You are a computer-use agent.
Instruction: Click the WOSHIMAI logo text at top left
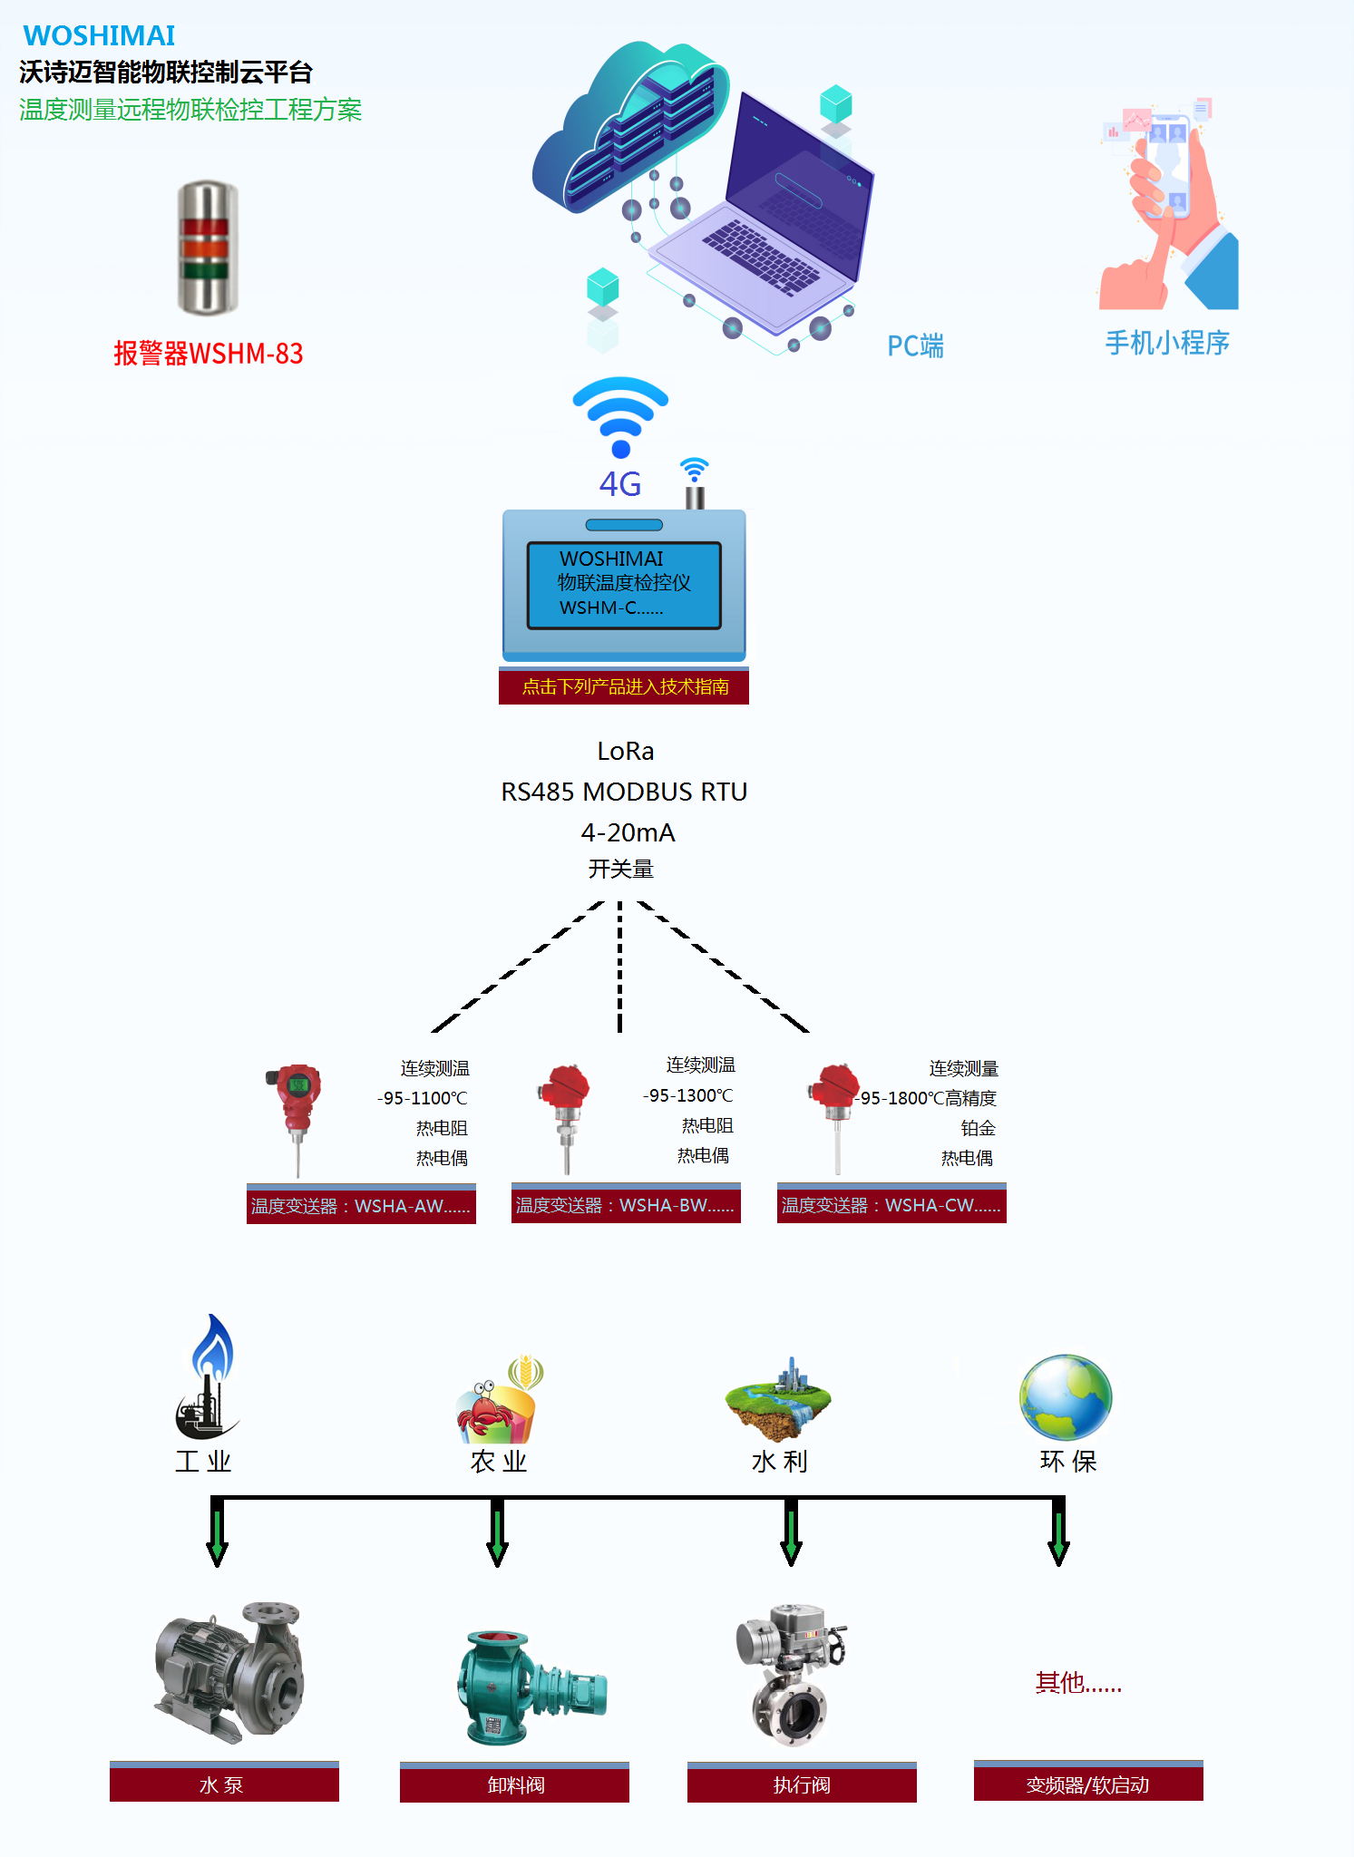tap(99, 35)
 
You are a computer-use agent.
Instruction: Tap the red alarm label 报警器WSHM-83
tap(208, 353)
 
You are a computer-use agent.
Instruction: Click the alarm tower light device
tap(208, 248)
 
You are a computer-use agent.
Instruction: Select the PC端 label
tap(914, 345)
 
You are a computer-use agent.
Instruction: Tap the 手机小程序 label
tap(1166, 343)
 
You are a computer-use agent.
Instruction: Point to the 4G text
tap(620, 484)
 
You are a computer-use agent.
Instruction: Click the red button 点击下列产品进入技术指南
tap(624, 686)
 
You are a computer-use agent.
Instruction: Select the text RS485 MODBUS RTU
tap(624, 792)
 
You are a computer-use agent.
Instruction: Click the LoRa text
tap(625, 751)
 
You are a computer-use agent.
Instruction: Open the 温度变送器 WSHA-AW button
tap(361, 1205)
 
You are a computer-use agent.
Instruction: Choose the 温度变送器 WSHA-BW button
tap(626, 1204)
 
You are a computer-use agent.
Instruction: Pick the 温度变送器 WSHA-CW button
tap(891, 1204)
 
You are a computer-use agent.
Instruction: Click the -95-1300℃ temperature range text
tap(687, 1095)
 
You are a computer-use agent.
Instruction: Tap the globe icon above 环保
tap(1066, 1397)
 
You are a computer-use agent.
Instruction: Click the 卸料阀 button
tap(514, 1784)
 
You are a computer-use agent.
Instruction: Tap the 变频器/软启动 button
tap(1088, 1784)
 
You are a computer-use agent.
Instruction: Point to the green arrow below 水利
tap(791, 1534)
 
